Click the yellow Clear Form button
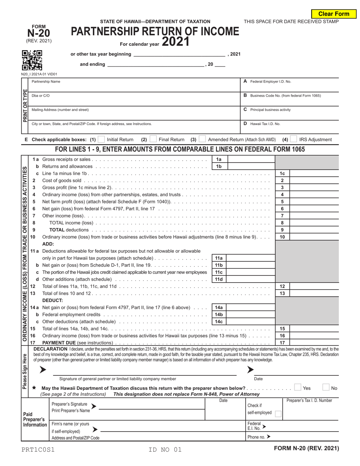pyautogui.click(x=333, y=14)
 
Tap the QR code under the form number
pyautogui.click(x=32, y=61)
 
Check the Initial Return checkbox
pyautogui.click(x=101, y=139)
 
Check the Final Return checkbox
pyautogui.click(x=153, y=139)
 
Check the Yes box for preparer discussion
pyautogui.click(x=298, y=388)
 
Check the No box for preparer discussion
pyautogui.click(x=326, y=388)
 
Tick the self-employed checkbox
pyautogui.click(x=278, y=414)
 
